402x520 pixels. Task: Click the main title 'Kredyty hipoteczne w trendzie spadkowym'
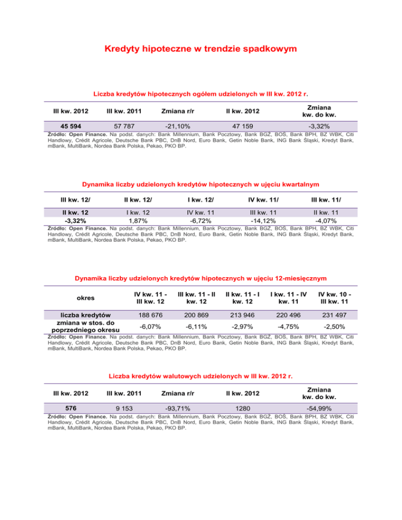coord(201,50)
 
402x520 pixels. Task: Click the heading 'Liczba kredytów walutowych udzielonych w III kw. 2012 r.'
coord(201,376)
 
